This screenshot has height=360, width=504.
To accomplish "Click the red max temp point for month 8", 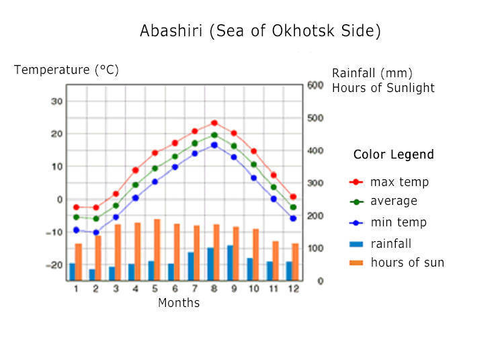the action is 214,123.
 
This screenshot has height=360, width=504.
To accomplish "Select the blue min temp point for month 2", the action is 96,232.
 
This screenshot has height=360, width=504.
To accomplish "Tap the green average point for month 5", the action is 155,169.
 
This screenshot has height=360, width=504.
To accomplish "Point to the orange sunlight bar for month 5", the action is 157,250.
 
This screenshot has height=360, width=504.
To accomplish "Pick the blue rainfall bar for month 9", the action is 230,263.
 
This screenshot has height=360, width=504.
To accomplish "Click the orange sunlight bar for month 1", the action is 79,262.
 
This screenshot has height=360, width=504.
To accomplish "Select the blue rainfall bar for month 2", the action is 92,275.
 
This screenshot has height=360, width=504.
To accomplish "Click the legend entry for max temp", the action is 389,182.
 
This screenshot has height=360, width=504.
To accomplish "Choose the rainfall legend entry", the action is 380,244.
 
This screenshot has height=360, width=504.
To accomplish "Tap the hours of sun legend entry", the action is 396,263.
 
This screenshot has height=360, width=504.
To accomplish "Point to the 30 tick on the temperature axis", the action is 56,101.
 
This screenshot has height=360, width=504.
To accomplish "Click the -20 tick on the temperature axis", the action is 54,265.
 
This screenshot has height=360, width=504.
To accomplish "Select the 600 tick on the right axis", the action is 315,85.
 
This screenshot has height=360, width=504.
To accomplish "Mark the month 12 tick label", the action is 294,289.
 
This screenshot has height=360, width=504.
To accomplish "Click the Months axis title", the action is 179,303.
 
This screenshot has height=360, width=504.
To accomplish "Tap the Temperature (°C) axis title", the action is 67,70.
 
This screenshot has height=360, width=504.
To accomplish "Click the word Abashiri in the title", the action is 171,31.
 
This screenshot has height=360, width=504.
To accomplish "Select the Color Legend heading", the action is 394,154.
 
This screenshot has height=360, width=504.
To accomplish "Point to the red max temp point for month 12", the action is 293,197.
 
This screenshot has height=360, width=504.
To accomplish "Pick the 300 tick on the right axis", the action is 315,183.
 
